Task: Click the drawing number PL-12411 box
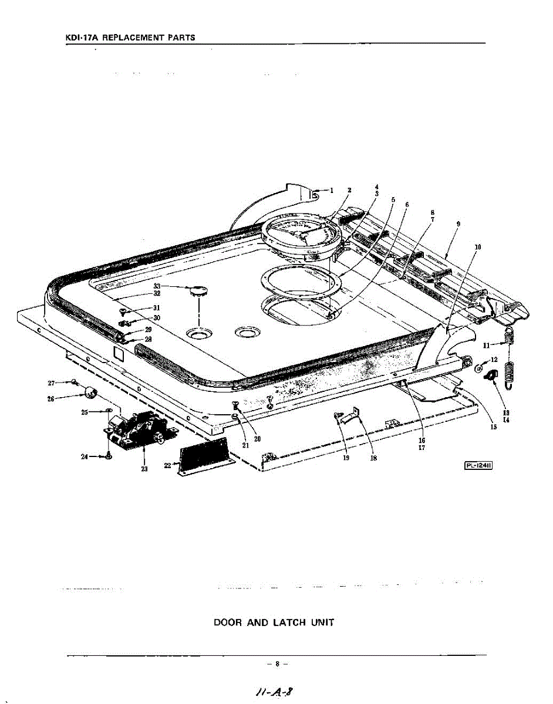[478, 466]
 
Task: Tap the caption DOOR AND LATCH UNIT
[274, 622]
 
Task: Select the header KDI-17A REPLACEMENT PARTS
[130, 38]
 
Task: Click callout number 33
[157, 286]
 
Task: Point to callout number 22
[167, 465]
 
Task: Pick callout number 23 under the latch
[144, 468]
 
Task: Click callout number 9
[457, 224]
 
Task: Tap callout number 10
[477, 247]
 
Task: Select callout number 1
[331, 190]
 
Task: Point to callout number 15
[494, 427]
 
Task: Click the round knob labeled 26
[90, 392]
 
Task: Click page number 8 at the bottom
[276, 664]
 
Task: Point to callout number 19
[346, 458]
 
